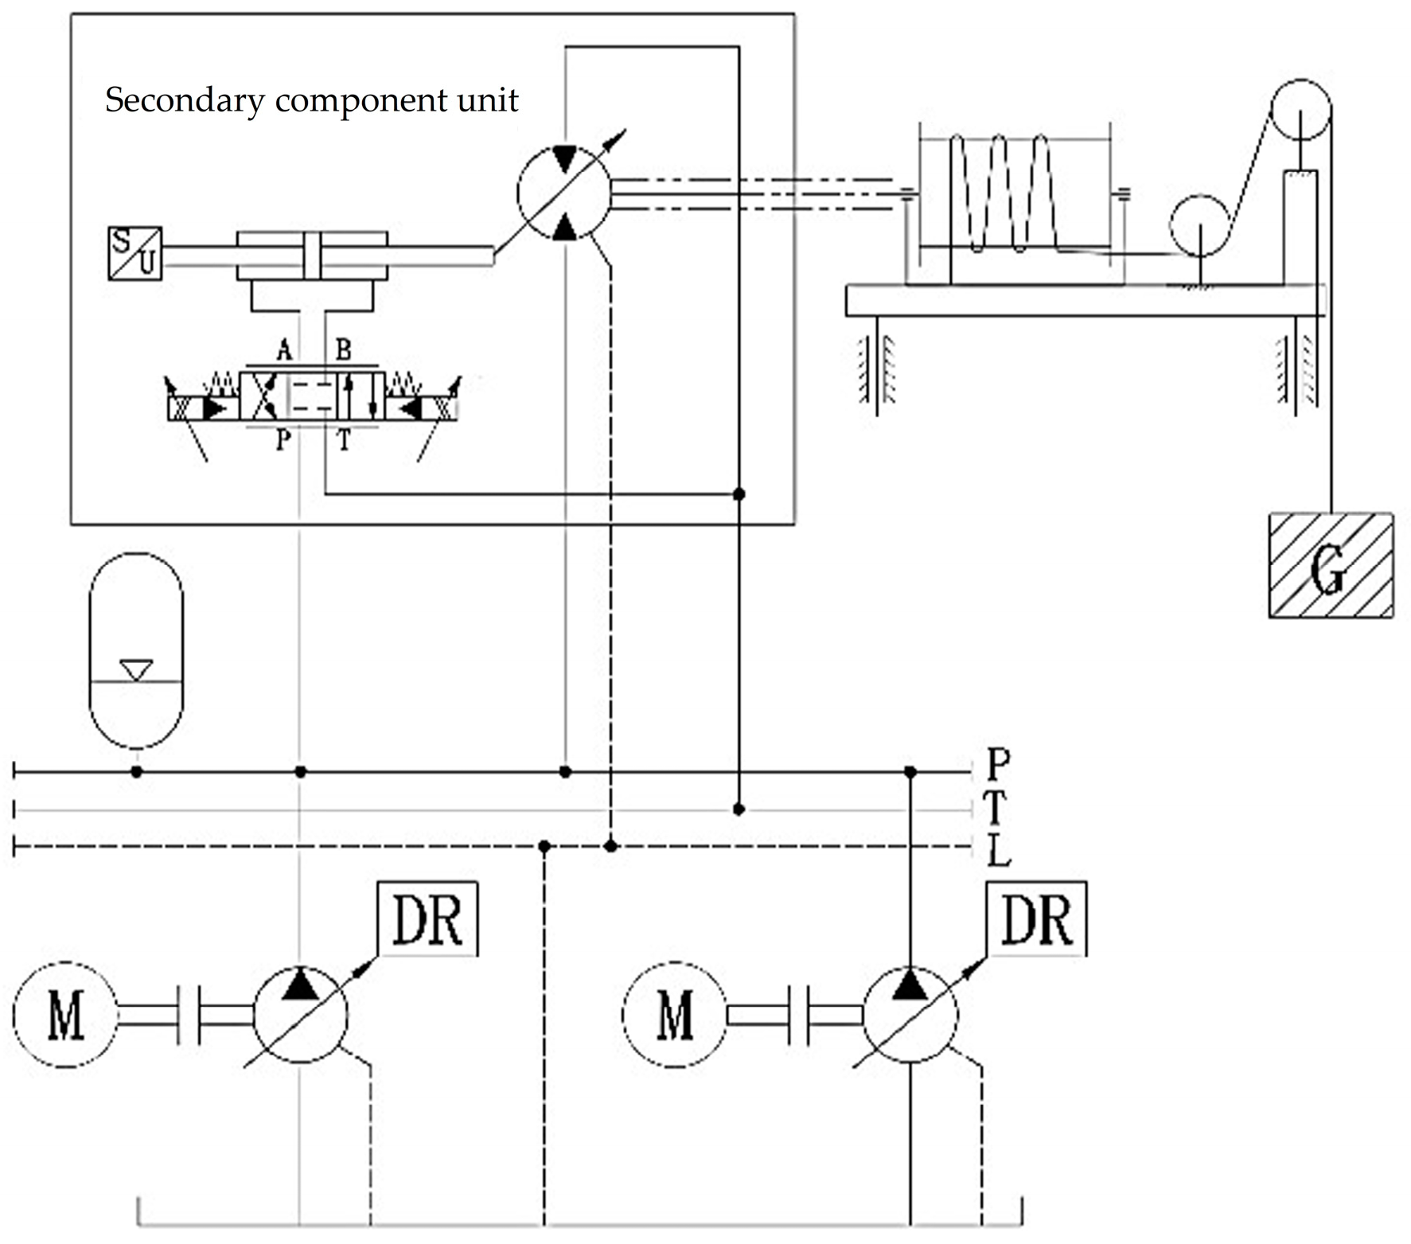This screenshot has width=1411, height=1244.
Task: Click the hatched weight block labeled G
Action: pyautogui.click(x=1330, y=565)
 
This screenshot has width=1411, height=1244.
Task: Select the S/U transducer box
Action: pyautogui.click(x=135, y=254)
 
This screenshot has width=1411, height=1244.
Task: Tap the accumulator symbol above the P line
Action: pyautogui.click(x=136, y=650)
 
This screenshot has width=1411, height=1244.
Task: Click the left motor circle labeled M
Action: pyautogui.click(x=65, y=1015)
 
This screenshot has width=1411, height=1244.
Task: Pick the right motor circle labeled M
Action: pyautogui.click(x=674, y=1015)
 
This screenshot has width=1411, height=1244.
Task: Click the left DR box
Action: pyautogui.click(x=427, y=919)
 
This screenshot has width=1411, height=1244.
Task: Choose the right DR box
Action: pyautogui.click(x=1036, y=919)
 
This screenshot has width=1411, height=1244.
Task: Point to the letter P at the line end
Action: pyautogui.click(x=998, y=764)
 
